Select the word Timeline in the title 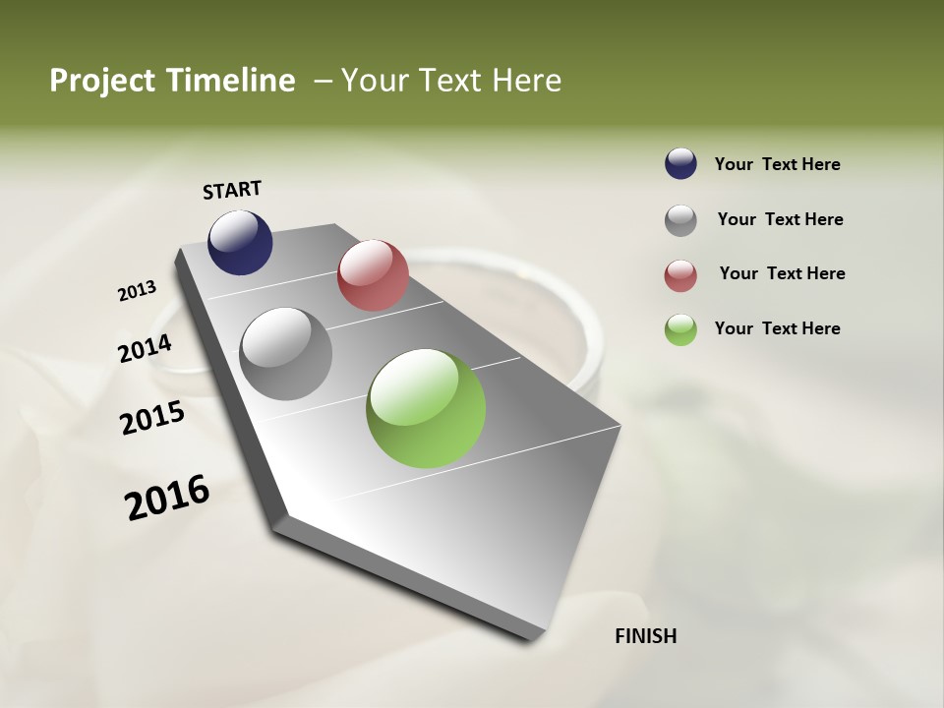(x=230, y=81)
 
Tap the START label (x=232, y=190)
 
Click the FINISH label (x=646, y=636)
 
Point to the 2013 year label (x=137, y=291)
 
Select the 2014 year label (x=145, y=349)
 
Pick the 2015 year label (x=152, y=418)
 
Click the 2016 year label (x=167, y=498)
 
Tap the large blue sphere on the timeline (x=240, y=242)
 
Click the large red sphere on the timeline (x=373, y=275)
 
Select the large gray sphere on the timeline (x=286, y=354)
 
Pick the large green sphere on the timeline (x=426, y=408)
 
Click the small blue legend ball (x=680, y=164)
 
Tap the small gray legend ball (x=680, y=220)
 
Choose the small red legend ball (x=680, y=275)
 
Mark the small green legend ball (x=680, y=329)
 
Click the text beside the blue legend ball (x=778, y=164)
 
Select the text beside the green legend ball (x=778, y=328)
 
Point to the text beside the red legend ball (x=782, y=273)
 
